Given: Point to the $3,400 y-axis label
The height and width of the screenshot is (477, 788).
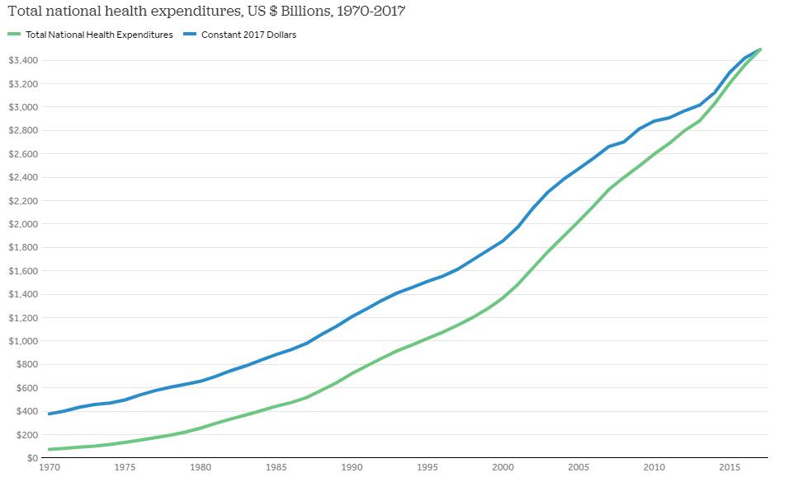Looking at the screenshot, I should tap(21, 61).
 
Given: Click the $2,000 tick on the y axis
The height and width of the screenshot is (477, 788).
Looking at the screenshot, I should tap(21, 224).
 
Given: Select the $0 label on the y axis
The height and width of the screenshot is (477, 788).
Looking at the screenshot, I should tap(31, 458).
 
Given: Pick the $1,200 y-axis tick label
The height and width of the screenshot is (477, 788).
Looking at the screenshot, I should tap(21, 318).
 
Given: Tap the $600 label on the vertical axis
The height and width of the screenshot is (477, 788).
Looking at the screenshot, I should tap(25, 388).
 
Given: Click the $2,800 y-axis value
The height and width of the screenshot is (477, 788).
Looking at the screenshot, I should tap(21, 131).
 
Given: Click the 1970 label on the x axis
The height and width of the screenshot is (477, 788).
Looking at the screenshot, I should tap(50, 468).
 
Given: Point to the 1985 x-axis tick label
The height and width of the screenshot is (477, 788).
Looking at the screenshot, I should tap(276, 468).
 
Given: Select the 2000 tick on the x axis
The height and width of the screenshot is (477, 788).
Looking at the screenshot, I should tap(503, 468).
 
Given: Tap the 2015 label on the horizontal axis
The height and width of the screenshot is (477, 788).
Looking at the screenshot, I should tap(729, 468).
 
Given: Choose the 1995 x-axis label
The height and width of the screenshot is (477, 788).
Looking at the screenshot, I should tap(427, 468).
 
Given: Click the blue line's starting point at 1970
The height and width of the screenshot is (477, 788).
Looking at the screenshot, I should tap(50, 414).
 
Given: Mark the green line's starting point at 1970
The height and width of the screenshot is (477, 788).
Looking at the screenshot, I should tap(50, 449).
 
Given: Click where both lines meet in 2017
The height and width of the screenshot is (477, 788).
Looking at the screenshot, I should tap(760, 49).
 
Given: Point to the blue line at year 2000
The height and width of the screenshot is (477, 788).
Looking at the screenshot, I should tap(503, 241).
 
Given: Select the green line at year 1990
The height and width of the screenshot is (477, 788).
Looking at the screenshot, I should tap(352, 374).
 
